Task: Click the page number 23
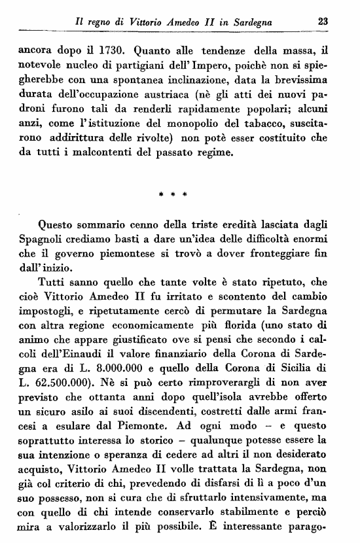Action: pos(322,22)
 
